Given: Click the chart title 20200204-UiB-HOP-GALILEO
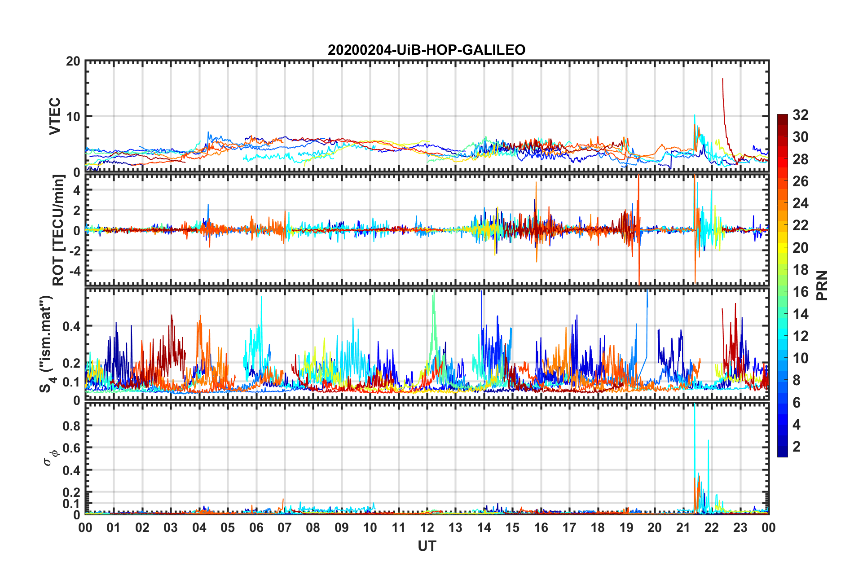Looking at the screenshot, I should pos(427,49).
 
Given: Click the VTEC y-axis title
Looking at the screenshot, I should pos(55,116).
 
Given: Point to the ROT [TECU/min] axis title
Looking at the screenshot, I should pos(58,230).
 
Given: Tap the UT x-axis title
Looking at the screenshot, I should pos(427,546).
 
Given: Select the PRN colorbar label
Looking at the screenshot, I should pos(822,285).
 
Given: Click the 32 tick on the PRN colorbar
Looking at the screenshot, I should pos(800,115).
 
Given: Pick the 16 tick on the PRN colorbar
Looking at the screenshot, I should pos(800,292).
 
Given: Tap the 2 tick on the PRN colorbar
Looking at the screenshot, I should pos(797,447).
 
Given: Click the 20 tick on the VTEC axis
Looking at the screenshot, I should pos(73,61).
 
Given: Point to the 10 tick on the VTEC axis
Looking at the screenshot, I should pos(73,116).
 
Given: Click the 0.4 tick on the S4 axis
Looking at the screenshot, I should pos(71,326).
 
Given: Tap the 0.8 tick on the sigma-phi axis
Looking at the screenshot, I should pos(71,426).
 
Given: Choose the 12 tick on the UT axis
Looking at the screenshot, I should pos(427,527).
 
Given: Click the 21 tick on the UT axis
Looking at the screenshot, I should pos(683,527).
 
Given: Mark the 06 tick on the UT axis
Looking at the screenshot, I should pos(256,527).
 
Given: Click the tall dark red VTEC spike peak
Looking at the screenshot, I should pos(722,79).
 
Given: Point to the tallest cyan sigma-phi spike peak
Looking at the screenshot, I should pos(695,405).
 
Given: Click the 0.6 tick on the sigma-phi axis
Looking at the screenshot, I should pos(71,448).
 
